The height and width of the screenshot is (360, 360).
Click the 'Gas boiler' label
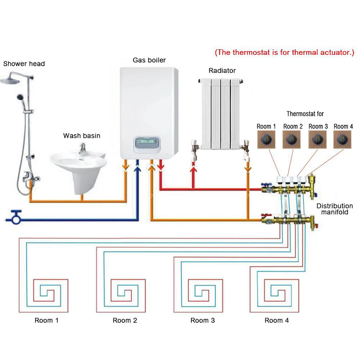coord(149,60)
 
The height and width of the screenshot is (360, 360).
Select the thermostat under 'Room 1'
coord(266,138)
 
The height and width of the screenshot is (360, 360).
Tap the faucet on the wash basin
coord(82,147)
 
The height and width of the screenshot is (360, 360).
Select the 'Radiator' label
coord(222,71)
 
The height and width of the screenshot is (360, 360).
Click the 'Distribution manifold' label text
coord(334,209)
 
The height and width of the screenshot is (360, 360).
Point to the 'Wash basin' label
coord(82,136)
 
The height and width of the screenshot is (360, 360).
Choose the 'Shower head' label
coord(24,64)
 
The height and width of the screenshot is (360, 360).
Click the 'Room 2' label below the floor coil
coord(125,320)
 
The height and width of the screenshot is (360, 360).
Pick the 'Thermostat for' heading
coord(305,114)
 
